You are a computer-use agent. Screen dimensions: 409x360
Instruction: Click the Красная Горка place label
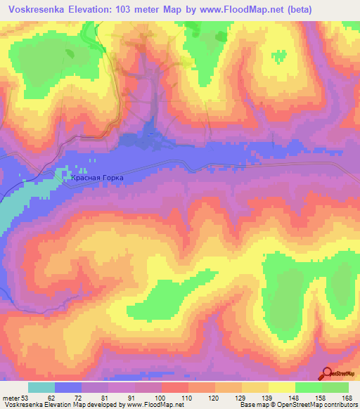click(97, 178)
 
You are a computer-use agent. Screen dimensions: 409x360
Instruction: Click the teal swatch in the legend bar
click(41, 387)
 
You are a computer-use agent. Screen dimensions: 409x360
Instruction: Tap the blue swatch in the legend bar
click(68, 387)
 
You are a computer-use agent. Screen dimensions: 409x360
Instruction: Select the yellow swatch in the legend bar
click(281, 387)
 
